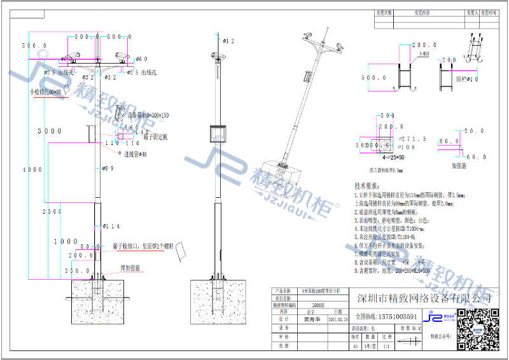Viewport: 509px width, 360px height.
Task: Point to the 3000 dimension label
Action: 50,131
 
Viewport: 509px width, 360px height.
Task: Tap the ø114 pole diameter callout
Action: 111,226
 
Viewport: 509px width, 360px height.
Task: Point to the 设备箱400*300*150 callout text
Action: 148,116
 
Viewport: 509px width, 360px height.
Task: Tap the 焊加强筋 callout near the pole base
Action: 130,268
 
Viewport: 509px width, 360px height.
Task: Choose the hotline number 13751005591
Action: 394,316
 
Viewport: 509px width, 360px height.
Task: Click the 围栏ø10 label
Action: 468,80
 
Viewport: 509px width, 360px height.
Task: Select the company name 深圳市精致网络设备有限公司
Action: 424,299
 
